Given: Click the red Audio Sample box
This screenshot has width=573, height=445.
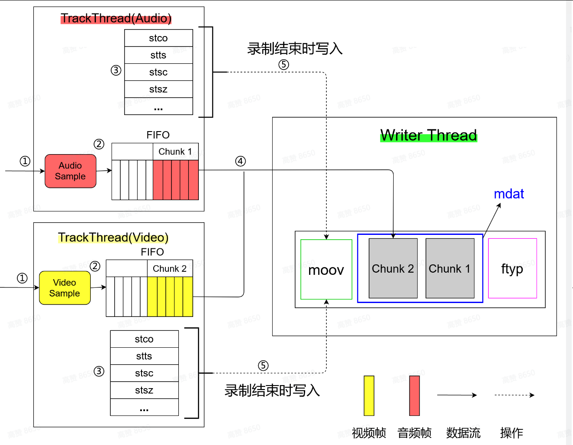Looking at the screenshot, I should [x=70, y=171].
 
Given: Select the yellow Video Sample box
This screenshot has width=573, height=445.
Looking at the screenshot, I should [x=65, y=288].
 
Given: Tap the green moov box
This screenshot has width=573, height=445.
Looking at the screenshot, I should [x=326, y=270].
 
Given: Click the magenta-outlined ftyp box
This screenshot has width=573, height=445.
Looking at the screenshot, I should [x=512, y=268].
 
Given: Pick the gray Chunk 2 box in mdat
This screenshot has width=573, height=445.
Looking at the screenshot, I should [x=393, y=268].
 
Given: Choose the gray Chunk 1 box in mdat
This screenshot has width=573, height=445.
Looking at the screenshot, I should [x=450, y=268].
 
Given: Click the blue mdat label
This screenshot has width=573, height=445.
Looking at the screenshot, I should [x=509, y=194].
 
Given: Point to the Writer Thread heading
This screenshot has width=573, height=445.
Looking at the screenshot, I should [x=428, y=135].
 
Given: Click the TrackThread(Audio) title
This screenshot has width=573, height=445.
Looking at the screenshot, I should [x=116, y=18].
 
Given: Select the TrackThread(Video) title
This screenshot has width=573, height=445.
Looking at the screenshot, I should [x=113, y=237].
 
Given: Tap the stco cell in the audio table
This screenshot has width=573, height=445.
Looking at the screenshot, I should [x=158, y=38].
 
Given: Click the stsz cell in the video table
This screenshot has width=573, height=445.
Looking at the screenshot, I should [x=144, y=390].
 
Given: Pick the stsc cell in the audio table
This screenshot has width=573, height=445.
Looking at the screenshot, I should [x=158, y=72].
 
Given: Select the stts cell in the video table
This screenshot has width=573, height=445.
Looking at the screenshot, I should [x=144, y=356].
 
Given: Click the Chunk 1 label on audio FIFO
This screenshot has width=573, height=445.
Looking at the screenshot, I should [x=175, y=152].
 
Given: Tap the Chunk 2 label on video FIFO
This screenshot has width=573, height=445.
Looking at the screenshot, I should [x=170, y=269].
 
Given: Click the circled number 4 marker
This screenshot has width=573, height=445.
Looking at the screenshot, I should [x=240, y=161].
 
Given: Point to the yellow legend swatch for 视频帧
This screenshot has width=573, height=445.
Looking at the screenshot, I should [x=369, y=396].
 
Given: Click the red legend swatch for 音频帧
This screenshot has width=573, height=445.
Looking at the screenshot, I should [x=415, y=396].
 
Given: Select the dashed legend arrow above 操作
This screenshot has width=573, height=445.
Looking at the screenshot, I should [x=514, y=395].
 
